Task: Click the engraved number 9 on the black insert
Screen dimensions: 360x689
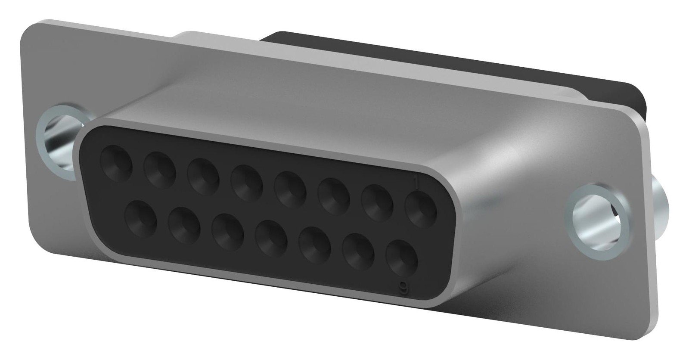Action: (x=403, y=286)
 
